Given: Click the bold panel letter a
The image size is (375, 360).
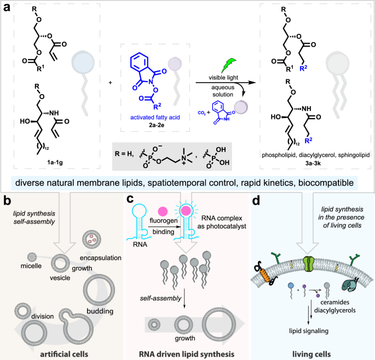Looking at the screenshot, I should click(8, 9).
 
